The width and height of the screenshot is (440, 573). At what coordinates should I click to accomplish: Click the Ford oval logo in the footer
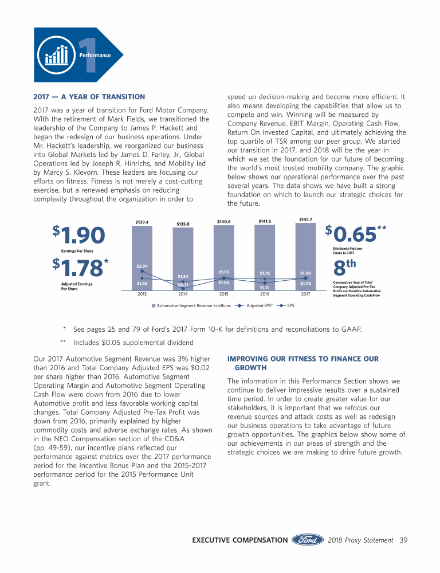309,540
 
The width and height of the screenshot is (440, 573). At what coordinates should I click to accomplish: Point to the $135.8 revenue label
183,224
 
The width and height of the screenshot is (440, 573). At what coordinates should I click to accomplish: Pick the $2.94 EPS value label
142,266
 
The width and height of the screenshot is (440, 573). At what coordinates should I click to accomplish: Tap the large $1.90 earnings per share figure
80,236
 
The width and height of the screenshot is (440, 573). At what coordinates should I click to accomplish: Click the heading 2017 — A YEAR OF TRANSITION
89,96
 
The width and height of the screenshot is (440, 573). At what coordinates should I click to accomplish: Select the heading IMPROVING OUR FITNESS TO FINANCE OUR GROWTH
302,363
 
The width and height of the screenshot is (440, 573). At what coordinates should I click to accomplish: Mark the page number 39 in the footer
403,540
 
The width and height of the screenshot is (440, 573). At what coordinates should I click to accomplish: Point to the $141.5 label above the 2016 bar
265,221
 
